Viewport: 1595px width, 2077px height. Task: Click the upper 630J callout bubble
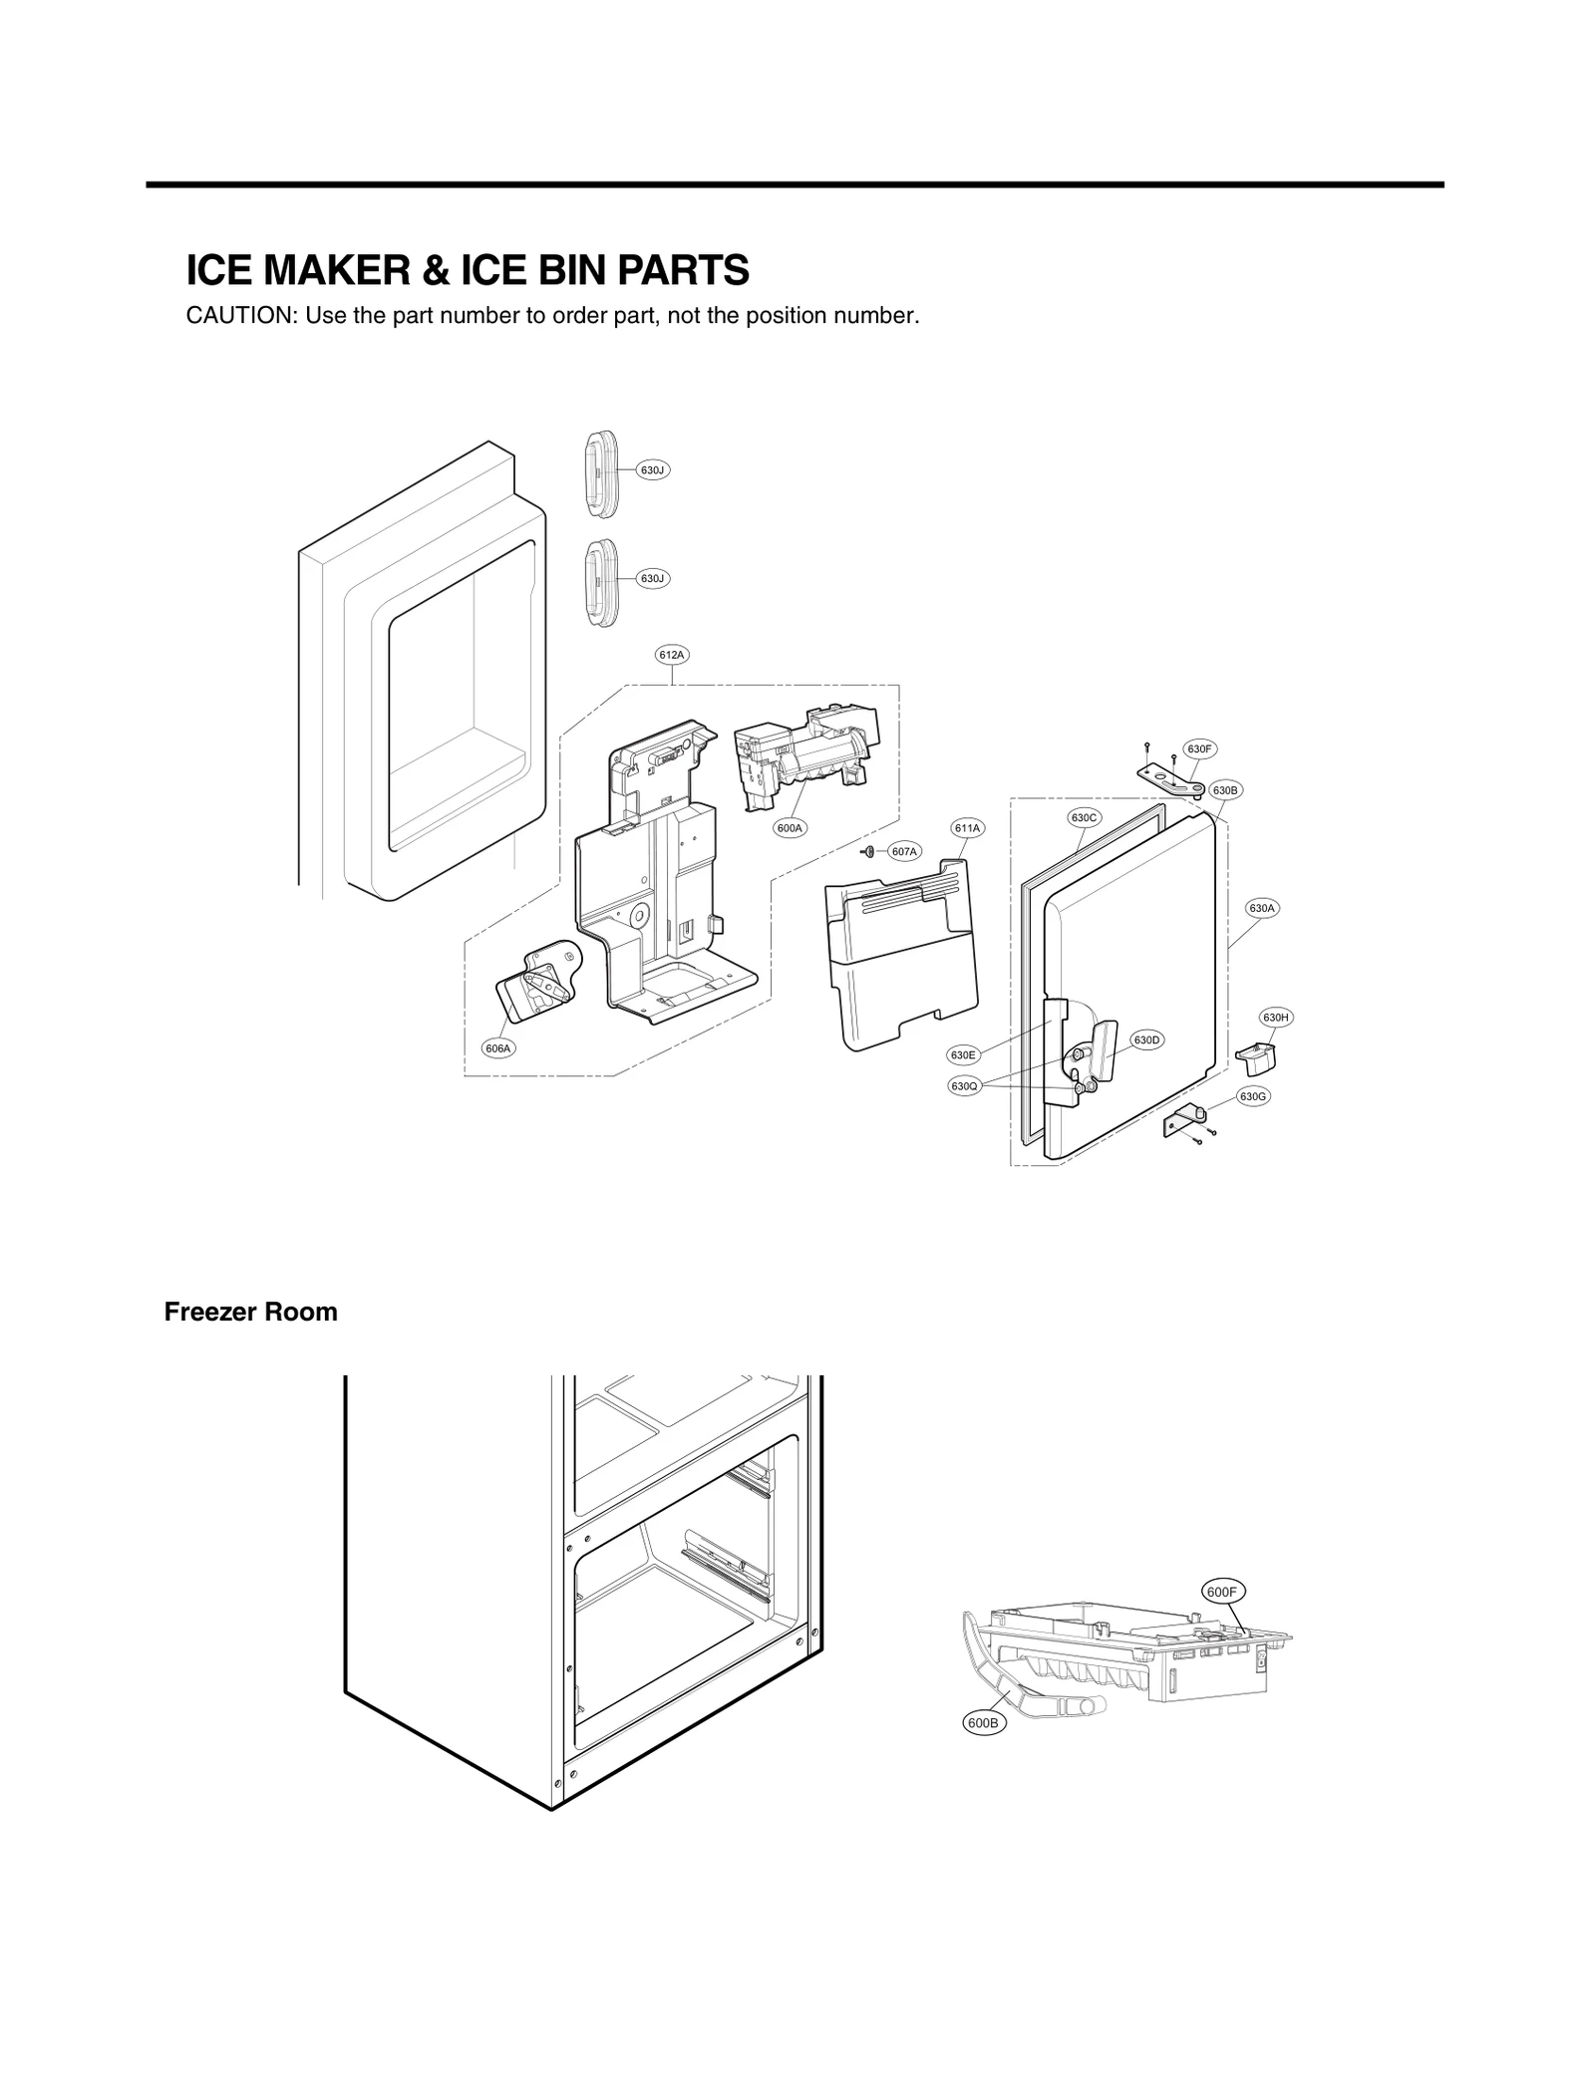pyautogui.click(x=652, y=469)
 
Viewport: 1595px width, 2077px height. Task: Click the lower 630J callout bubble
pyautogui.click(x=652, y=578)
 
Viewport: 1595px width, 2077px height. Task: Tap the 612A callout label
pyautogui.click(x=672, y=655)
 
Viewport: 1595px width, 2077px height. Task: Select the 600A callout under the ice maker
pyautogui.click(x=790, y=828)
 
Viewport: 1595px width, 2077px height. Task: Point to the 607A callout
pyautogui.click(x=904, y=851)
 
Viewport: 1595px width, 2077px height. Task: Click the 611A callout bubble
pyautogui.click(x=967, y=828)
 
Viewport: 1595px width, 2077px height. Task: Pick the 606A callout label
pyautogui.click(x=498, y=1048)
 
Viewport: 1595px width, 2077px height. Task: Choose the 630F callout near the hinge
pyautogui.click(x=1199, y=748)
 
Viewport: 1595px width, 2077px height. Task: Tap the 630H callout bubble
pyautogui.click(x=1276, y=1018)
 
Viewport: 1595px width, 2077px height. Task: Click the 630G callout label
pyautogui.click(x=1253, y=1096)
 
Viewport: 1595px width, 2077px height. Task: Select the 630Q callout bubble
pyautogui.click(x=964, y=1086)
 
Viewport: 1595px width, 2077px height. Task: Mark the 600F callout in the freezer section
pyautogui.click(x=1221, y=1593)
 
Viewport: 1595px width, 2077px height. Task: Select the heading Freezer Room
pyautogui.click(x=250, y=1312)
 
